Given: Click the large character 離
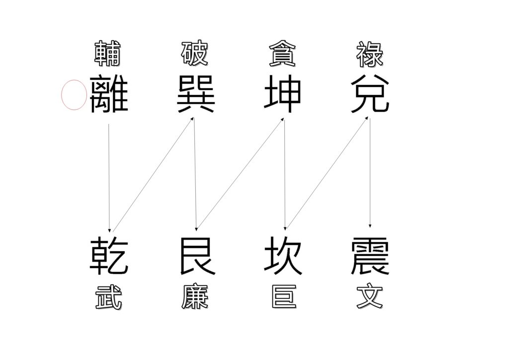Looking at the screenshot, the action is (x=109, y=94).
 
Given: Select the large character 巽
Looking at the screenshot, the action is (x=196, y=94).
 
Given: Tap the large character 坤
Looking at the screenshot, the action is (x=282, y=94).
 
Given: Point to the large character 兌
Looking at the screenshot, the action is (x=370, y=94).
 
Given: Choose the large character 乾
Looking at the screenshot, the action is (x=109, y=256).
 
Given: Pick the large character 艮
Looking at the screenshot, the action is (x=197, y=256).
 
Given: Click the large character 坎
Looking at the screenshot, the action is (x=283, y=256).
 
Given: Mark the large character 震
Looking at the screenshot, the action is (x=370, y=256).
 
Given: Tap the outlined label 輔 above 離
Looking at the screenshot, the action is (x=108, y=53).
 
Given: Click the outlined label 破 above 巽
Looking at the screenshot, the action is (x=195, y=53).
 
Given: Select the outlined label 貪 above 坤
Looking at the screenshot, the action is (x=282, y=53).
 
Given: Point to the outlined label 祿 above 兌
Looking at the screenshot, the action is (x=370, y=54).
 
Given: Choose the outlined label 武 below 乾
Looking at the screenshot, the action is (x=109, y=297).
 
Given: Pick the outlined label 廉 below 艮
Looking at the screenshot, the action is (x=195, y=297).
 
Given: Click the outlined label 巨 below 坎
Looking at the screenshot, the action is (x=284, y=297).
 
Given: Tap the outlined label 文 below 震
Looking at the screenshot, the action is (x=370, y=297).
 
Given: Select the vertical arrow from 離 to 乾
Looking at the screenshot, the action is (x=109, y=178).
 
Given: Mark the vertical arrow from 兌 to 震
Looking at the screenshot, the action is (x=370, y=173).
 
